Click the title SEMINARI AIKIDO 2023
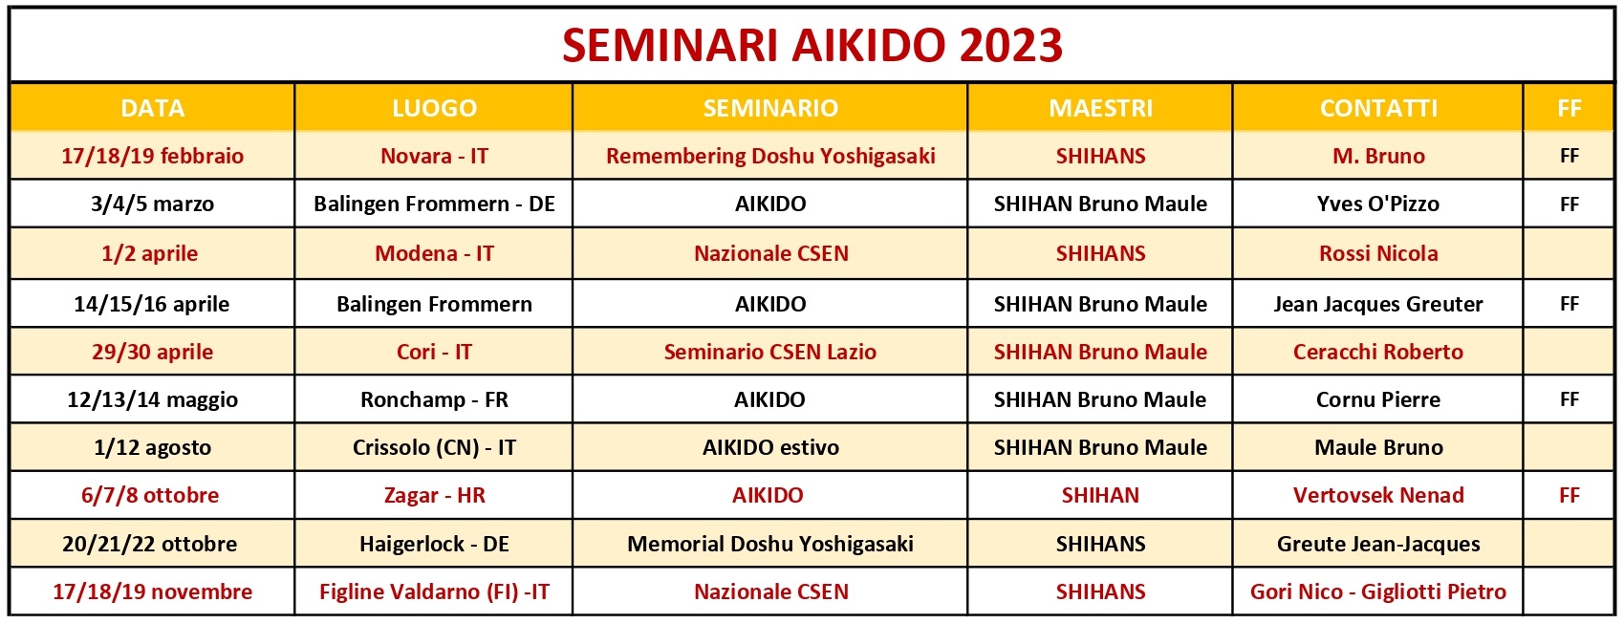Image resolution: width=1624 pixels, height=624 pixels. [x=812, y=45]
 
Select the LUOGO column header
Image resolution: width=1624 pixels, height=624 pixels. [x=434, y=108]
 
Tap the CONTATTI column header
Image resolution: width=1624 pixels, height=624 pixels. [x=1378, y=108]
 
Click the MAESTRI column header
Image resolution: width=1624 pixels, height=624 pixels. [x=1100, y=108]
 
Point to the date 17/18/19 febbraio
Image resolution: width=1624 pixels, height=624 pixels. [x=152, y=156]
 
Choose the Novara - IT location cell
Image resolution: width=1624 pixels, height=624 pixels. [x=434, y=156]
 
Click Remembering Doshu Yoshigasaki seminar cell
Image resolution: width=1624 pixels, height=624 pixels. [x=770, y=156]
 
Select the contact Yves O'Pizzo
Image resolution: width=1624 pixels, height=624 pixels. [x=1378, y=204]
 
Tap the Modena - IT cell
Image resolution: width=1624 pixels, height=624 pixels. [x=434, y=253]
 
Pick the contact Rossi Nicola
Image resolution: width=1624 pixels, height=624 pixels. [x=1378, y=253]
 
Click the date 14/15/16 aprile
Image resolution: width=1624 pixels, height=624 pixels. [x=152, y=304]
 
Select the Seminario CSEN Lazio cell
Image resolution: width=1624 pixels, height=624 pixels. [x=770, y=352]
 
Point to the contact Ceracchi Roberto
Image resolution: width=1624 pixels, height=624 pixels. [x=1378, y=352]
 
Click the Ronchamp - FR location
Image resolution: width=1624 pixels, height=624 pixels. [x=434, y=399]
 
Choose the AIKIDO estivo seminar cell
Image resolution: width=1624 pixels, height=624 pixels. [x=770, y=447]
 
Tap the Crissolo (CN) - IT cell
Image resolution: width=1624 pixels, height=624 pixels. [x=434, y=447]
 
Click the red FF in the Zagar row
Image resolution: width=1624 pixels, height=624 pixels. [x=1570, y=495]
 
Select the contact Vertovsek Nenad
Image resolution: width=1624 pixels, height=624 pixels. [x=1378, y=495]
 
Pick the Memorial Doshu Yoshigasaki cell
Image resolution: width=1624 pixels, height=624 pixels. [x=770, y=544]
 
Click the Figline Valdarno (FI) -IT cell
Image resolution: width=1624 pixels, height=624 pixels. [x=434, y=592]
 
